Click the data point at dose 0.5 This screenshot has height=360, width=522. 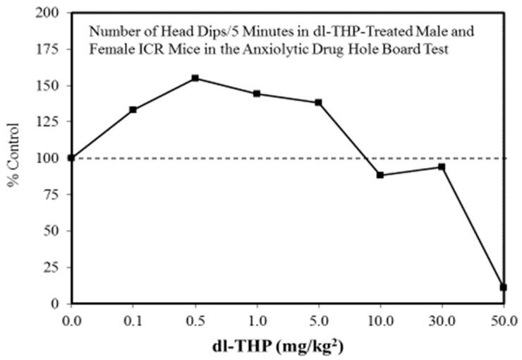click(195, 78)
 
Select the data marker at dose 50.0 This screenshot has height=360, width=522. click(503, 287)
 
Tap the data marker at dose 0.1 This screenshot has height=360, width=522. click(133, 109)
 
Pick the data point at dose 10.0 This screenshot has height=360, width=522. click(380, 175)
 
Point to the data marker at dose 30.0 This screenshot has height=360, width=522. click(442, 167)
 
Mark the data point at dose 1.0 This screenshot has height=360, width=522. click(256, 94)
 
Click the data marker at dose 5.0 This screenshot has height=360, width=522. click(318, 102)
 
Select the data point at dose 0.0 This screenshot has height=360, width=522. click(71, 157)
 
